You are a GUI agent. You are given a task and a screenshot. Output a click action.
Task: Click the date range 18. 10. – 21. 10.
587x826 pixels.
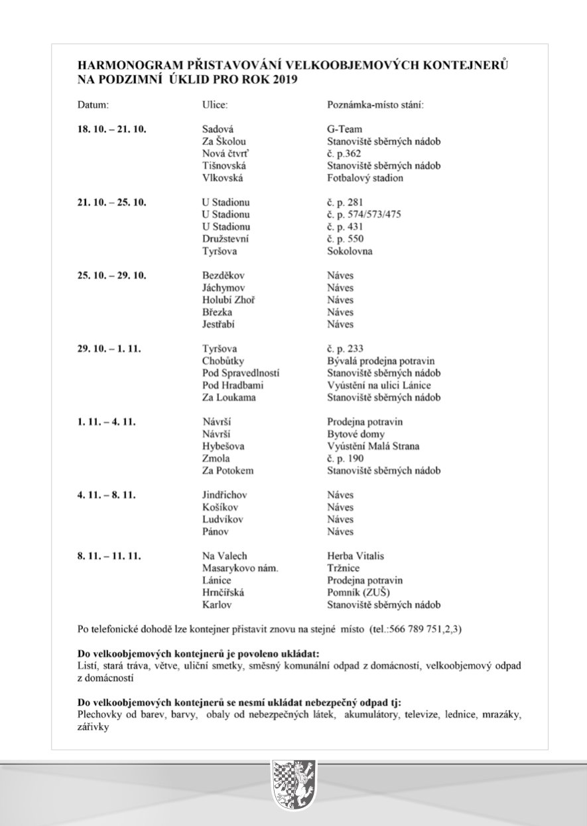tap(111, 129)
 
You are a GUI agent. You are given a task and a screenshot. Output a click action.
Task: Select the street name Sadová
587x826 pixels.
tap(218, 129)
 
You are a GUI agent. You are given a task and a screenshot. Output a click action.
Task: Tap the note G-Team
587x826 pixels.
tap(345, 129)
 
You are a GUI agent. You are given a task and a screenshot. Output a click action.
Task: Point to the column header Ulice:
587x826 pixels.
tap(215, 105)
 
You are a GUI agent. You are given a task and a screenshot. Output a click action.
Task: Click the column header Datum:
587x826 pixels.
tap(93, 105)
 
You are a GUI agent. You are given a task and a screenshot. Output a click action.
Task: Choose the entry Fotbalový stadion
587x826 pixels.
tap(365, 178)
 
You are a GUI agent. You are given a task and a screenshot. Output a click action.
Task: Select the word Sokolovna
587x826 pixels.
tap(350, 252)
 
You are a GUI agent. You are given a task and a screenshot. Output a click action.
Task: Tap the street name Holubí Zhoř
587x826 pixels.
tap(228, 300)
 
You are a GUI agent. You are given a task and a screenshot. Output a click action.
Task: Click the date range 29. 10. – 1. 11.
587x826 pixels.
tap(109, 349)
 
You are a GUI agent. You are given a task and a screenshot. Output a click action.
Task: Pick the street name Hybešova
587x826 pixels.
tap(223, 446)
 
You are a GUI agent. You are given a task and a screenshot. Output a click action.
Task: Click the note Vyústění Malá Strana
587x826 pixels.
tap(373, 446)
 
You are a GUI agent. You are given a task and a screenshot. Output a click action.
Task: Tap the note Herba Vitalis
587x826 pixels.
tap(356, 556)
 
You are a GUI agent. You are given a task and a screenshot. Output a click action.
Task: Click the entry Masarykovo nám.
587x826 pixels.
tap(239, 568)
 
